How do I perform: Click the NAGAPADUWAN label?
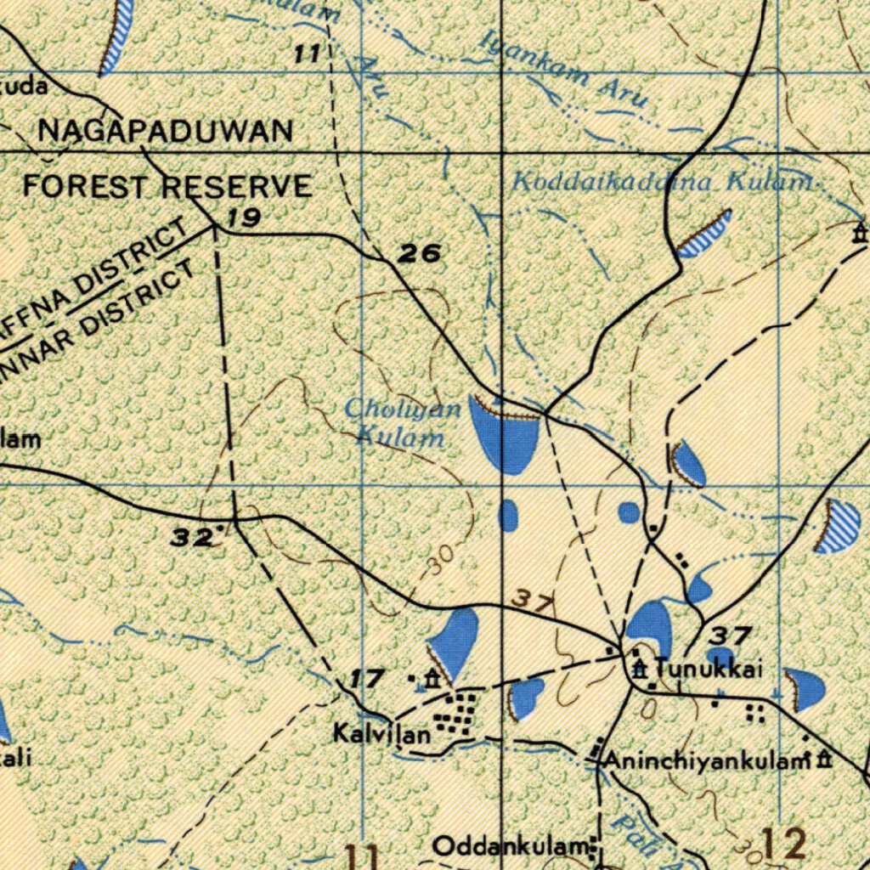[x=166, y=131]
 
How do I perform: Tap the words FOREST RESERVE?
[x=167, y=186]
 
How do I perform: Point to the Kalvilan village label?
[x=382, y=735]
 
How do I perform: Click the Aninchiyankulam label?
[x=704, y=761]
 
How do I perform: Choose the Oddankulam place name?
[x=509, y=846]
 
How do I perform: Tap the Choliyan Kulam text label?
[x=402, y=423]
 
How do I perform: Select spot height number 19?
[x=243, y=218]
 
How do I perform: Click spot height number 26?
[x=421, y=252]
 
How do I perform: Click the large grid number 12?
[x=782, y=845]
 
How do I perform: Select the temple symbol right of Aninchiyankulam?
[x=822, y=760]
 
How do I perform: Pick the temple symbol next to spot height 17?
[x=432, y=678]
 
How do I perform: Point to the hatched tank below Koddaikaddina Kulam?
[x=706, y=235]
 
